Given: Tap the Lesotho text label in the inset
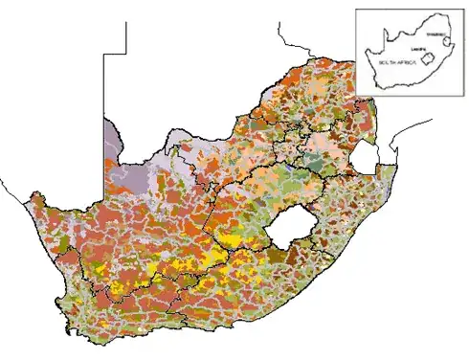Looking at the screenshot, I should pos(416,47).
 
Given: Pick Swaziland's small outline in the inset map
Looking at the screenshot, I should pos(446,42).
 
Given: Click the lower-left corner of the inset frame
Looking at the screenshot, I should pos(356,95).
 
